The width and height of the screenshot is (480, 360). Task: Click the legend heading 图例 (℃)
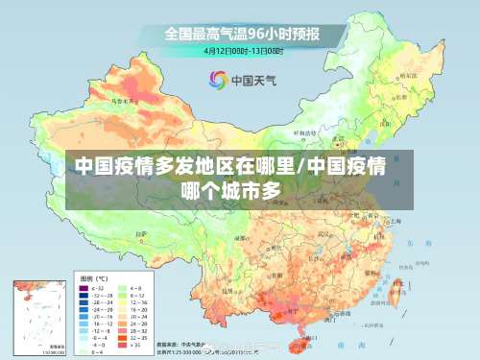click(94, 276)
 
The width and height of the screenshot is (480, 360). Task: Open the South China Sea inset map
click(37, 317)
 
